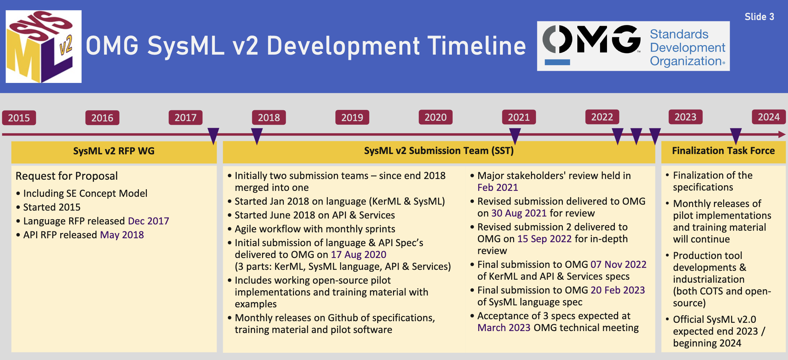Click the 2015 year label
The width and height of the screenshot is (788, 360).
[x=19, y=118]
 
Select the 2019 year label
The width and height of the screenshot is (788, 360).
[x=352, y=117]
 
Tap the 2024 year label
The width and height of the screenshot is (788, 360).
[x=769, y=117]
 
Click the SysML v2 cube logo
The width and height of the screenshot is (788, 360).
[x=44, y=46]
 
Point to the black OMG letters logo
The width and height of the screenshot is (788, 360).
[x=591, y=39]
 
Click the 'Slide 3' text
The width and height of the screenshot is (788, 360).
[x=759, y=17]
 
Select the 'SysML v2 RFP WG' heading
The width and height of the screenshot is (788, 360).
[x=114, y=151]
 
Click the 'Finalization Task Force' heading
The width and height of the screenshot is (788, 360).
[x=723, y=151]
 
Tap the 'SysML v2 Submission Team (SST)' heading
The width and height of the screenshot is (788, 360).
[x=439, y=151]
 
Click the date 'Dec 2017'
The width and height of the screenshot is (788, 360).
[x=148, y=221]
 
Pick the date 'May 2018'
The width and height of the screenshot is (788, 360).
[x=122, y=235]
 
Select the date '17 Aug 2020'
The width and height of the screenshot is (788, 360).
[x=358, y=254]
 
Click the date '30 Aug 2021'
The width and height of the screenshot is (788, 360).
[x=519, y=213]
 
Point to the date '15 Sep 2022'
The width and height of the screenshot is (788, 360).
[x=544, y=239]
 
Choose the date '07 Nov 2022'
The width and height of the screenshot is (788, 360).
[x=618, y=264]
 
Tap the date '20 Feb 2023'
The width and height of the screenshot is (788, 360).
[x=618, y=290]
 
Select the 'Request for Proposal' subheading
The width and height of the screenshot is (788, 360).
[x=66, y=176]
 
